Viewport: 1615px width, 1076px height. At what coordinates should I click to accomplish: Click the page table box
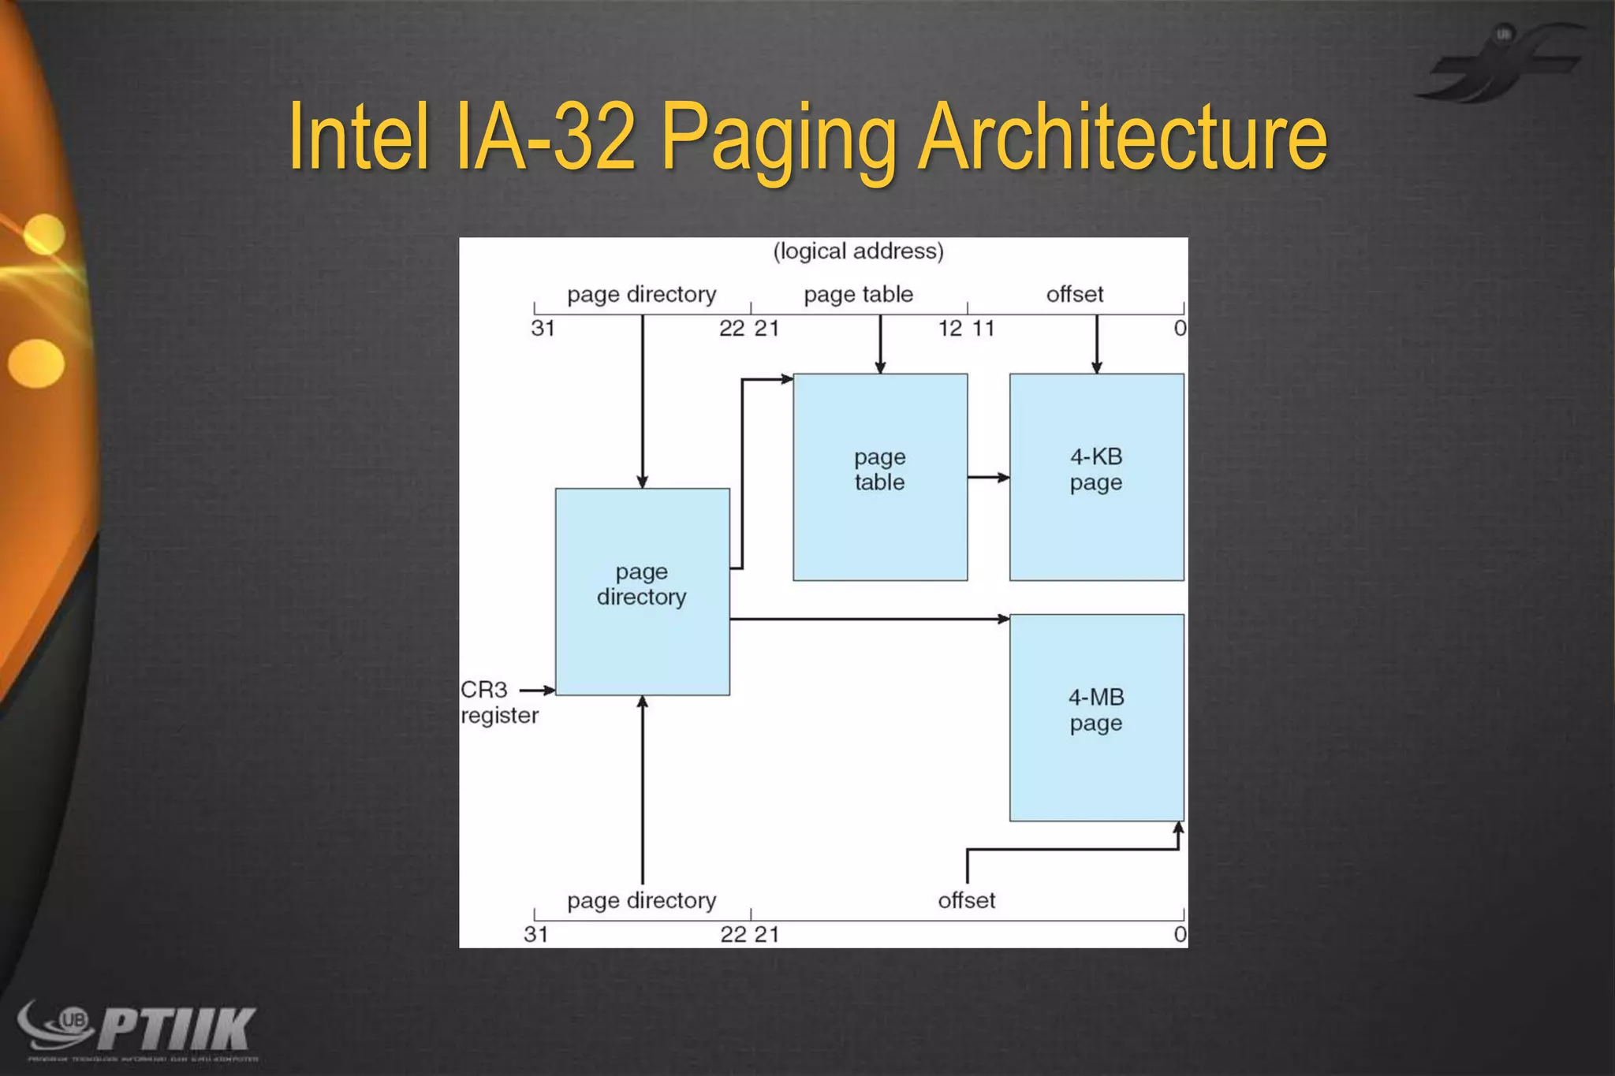880,477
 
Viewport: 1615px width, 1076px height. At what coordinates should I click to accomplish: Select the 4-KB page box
1096,477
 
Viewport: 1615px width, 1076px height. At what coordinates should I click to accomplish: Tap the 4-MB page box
1096,717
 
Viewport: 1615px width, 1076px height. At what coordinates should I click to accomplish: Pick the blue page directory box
642,591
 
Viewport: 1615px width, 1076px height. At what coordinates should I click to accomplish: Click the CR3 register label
498,702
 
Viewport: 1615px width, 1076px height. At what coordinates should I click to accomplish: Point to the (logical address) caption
858,251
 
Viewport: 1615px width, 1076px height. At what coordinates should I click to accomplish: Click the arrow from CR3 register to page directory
537,691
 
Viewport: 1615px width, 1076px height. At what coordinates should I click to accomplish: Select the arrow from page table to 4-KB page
987,477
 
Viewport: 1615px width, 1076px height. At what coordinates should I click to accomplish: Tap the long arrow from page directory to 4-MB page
867,619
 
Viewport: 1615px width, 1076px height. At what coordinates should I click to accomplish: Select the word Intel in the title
359,138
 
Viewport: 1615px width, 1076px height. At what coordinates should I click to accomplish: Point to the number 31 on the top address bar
543,328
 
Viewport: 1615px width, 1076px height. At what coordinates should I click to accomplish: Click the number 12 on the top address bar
949,328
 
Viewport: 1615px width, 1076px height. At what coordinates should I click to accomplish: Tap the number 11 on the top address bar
983,328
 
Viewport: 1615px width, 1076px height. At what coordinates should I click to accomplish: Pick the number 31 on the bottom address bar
536,934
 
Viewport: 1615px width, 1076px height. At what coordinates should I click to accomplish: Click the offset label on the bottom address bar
966,900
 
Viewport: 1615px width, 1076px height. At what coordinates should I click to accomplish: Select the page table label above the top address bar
858,295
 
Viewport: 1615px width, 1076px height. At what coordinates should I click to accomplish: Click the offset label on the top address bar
1074,295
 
